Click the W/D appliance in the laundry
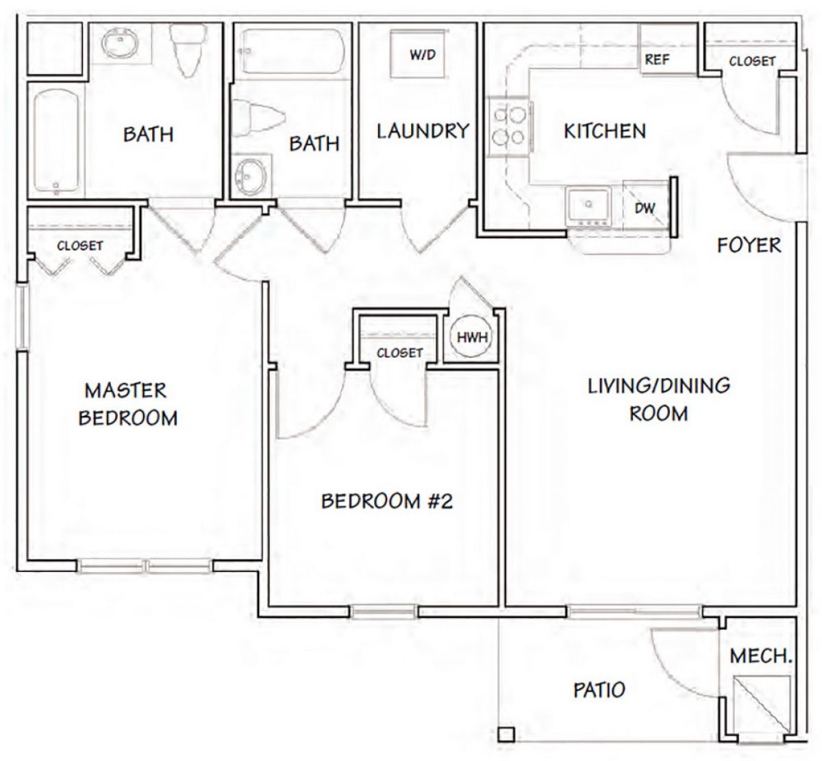pos(419,53)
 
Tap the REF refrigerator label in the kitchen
pos(656,60)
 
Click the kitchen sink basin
pos(588,205)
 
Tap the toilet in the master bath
pos(188,49)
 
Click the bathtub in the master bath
pos(56,142)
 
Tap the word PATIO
pos(599,690)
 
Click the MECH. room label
pos(761,656)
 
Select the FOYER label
pos(749,245)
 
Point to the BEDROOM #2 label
pos(387,501)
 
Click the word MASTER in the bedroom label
pos(125,390)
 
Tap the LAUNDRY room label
pos(423,131)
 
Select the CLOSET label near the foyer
pos(751,61)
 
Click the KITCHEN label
pos(605,131)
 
